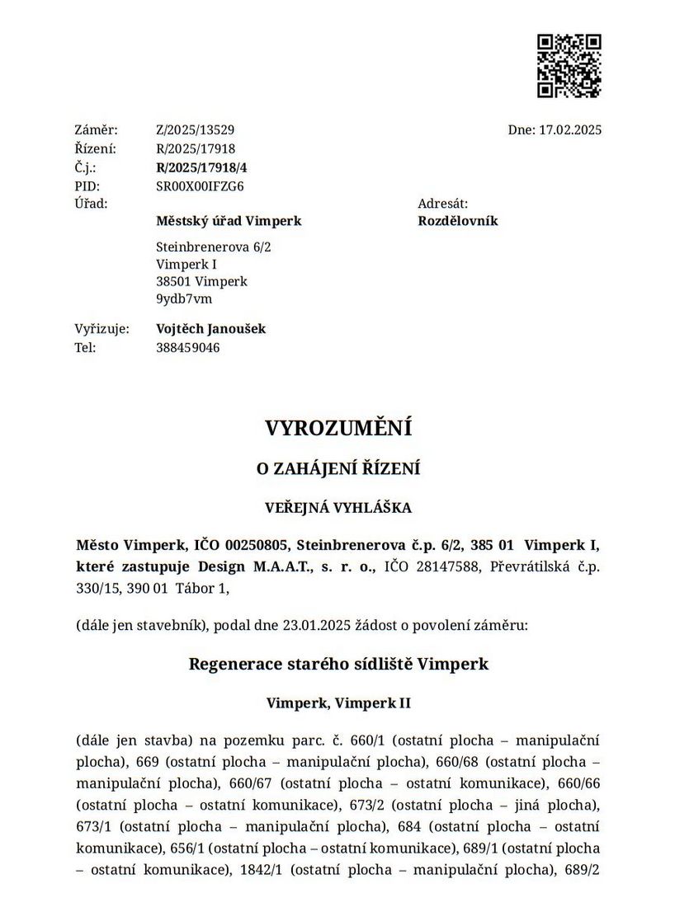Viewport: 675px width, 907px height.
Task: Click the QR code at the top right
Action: click(x=569, y=66)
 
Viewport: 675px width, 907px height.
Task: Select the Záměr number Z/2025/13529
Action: click(x=196, y=130)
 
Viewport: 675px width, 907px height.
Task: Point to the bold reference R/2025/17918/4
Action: click(x=201, y=167)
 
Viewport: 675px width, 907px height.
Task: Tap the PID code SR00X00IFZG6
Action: click(x=200, y=186)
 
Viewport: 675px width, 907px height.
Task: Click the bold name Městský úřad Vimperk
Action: click(x=229, y=221)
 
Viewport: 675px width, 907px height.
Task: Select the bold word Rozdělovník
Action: click(x=458, y=221)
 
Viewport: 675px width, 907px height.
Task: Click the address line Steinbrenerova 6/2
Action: click(x=213, y=247)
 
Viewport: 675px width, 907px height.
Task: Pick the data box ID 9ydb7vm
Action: click(x=184, y=298)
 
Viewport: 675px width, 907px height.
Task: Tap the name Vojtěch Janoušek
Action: click(x=210, y=329)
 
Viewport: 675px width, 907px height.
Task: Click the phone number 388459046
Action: click(x=187, y=347)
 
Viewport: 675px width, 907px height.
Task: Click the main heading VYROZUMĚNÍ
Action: click(x=337, y=429)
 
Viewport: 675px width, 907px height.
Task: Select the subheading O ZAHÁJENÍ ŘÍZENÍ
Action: click(x=337, y=469)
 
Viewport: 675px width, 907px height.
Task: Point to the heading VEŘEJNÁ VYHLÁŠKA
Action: click(x=337, y=508)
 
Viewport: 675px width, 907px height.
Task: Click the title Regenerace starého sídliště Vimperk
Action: click(x=338, y=664)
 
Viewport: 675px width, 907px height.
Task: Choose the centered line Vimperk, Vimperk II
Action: click(x=338, y=703)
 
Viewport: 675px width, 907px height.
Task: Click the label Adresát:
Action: click(x=443, y=203)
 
